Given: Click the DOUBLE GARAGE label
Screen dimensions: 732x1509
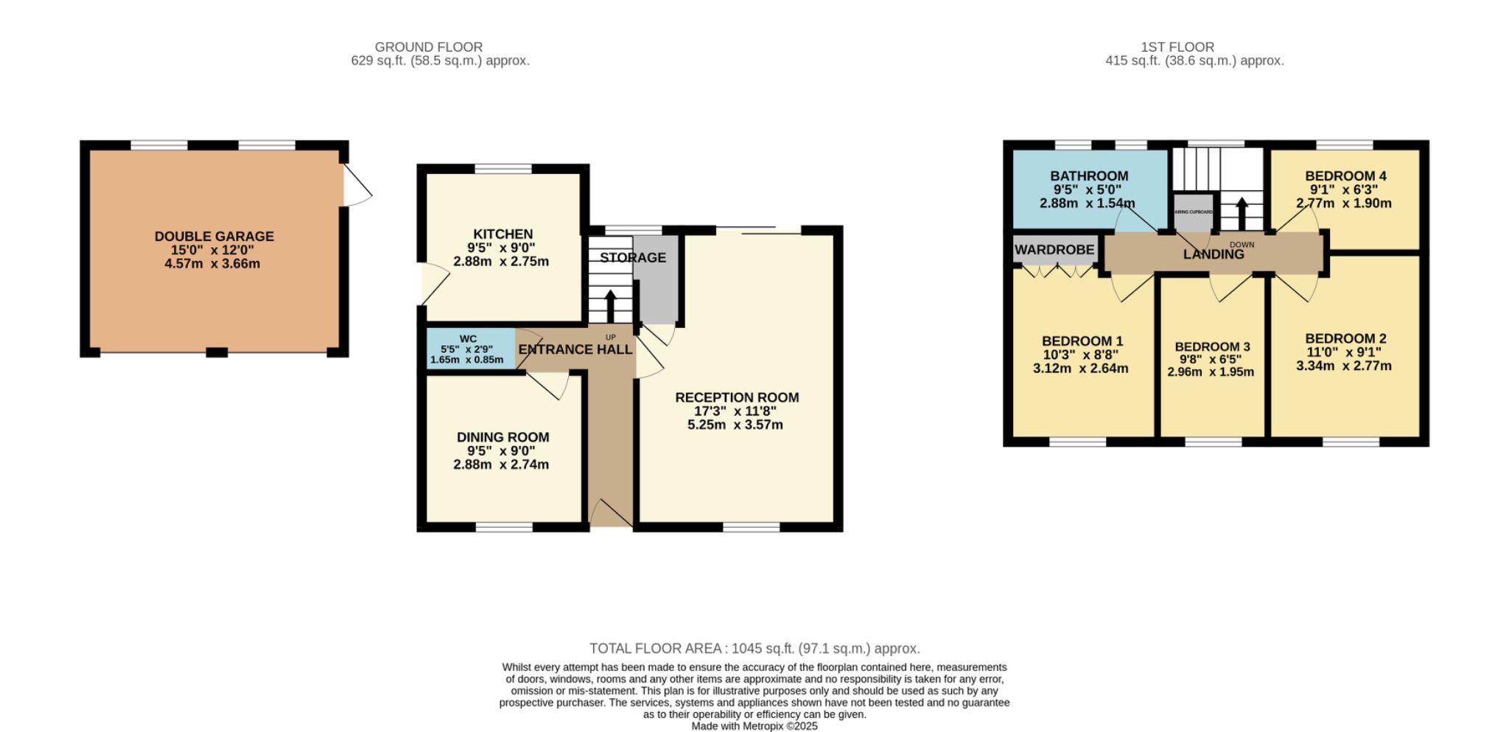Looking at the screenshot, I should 214,237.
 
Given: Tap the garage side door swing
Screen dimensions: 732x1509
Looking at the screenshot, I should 357,185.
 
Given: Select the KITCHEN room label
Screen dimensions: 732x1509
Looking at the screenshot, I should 503,234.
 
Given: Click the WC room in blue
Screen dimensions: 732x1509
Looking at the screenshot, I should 470,349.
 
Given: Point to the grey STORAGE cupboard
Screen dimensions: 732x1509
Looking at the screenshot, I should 656,284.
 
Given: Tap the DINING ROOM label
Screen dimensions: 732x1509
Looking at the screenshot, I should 503,437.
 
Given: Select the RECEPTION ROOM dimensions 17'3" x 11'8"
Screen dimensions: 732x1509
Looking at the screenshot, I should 735,411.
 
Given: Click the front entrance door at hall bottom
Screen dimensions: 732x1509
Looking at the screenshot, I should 610,513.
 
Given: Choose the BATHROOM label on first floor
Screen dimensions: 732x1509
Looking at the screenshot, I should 1089,176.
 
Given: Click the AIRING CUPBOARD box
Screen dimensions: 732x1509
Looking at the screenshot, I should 1193,212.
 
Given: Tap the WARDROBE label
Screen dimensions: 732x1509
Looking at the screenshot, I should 1054,250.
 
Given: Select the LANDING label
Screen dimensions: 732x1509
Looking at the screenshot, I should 1213,254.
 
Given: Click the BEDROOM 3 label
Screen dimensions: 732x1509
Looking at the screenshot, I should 1212,346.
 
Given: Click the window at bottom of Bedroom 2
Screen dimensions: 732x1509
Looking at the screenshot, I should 1351,442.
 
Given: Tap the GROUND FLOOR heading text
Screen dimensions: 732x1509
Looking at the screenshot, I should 428,47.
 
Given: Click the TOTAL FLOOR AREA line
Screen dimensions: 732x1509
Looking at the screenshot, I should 754,649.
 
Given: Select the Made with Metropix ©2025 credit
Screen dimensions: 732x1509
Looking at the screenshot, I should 754,726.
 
